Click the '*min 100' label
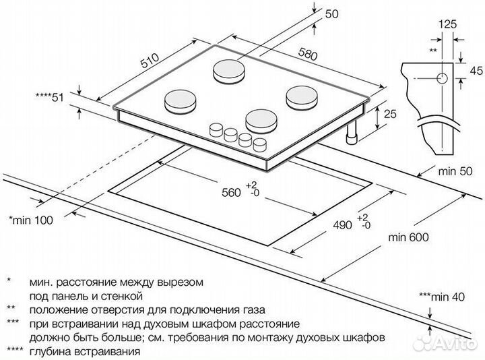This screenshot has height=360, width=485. (30, 220)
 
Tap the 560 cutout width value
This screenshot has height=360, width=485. (230, 193)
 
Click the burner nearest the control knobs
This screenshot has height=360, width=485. (261, 120)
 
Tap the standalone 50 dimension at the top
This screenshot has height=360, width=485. (331, 13)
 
